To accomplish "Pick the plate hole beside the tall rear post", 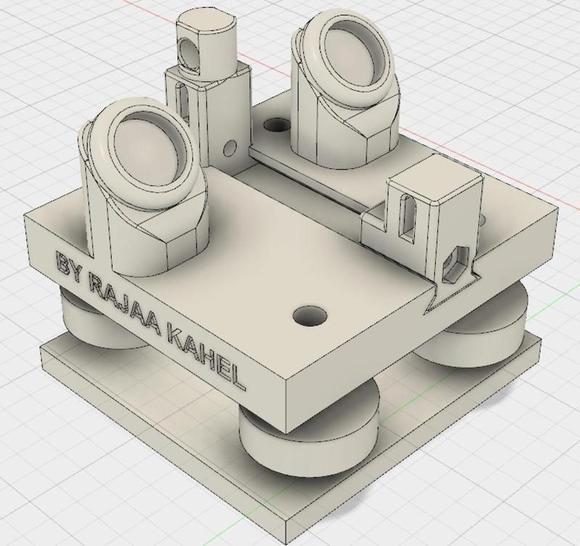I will click(275, 126).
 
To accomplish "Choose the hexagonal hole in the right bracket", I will click(455, 260).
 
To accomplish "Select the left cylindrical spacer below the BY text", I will click(80, 312).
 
